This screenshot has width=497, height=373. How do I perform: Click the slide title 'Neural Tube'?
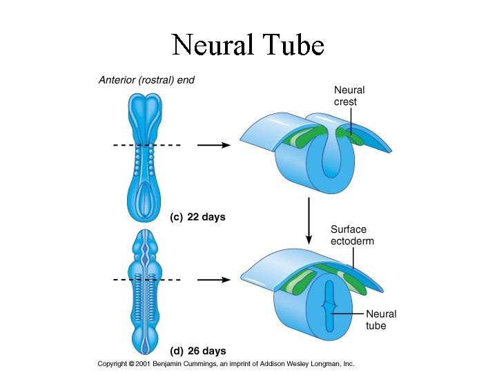tap(248, 45)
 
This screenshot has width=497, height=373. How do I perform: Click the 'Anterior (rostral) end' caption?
tap(146, 80)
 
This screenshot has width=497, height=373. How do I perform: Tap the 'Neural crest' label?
tap(349, 95)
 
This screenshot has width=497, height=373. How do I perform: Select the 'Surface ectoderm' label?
tap(349, 235)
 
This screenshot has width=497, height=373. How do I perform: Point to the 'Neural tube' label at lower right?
tap(381, 320)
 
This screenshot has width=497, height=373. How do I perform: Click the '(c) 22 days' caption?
tap(198, 216)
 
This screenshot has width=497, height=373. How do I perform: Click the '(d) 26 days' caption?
tap(198, 351)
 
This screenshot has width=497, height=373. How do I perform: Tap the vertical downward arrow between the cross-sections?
tap(309, 220)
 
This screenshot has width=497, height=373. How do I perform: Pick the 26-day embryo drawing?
tap(145, 290)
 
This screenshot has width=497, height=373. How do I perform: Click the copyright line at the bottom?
tap(226, 363)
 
